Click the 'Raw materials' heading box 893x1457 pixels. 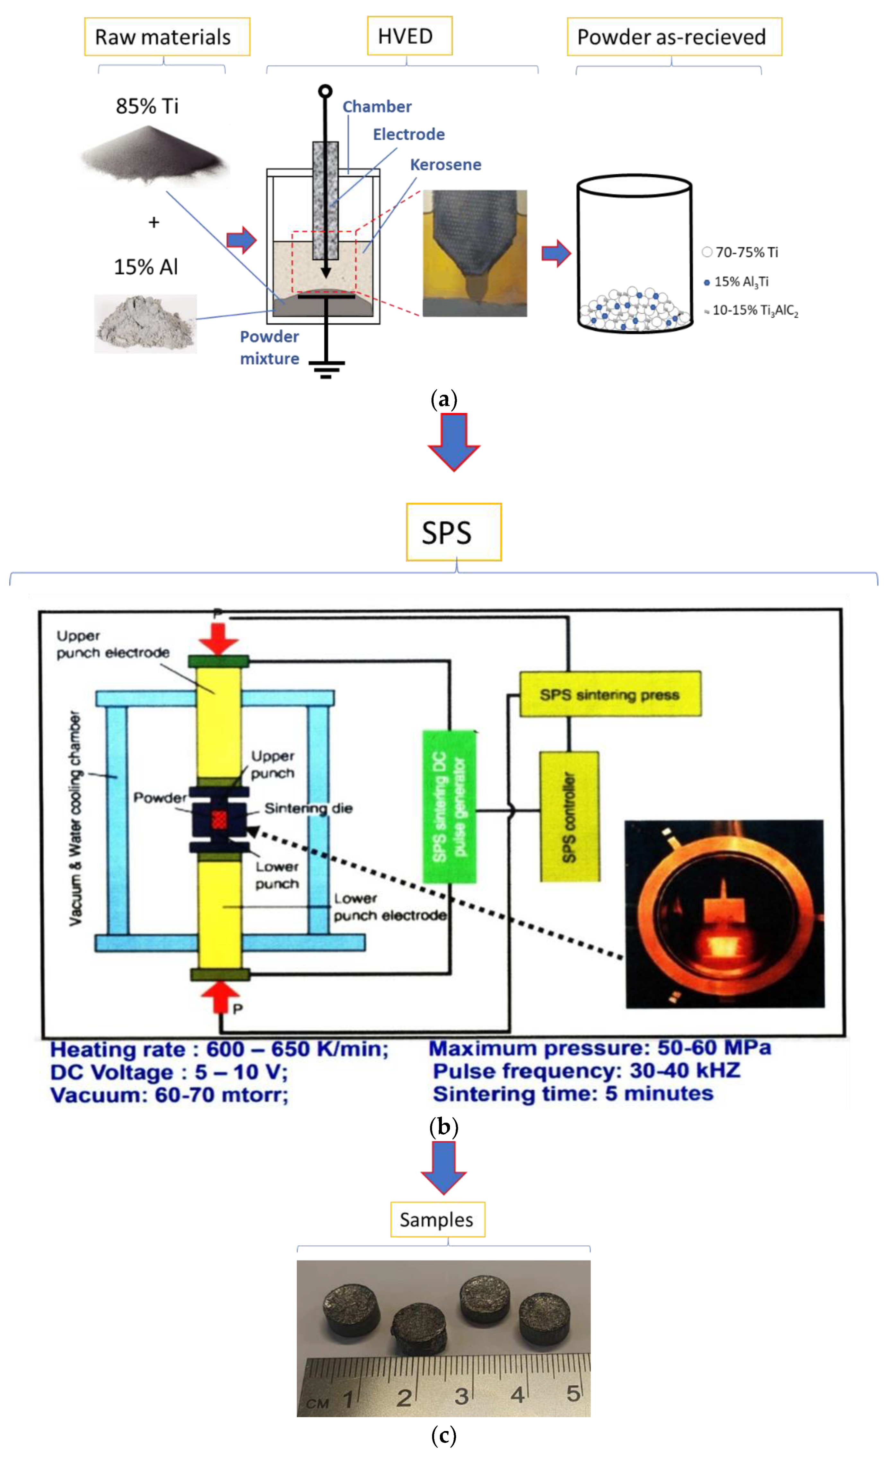point(166,37)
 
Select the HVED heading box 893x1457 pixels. point(409,36)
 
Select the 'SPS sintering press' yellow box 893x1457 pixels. point(610,694)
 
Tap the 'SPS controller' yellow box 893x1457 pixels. point(569,816)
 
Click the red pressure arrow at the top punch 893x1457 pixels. point(218,637)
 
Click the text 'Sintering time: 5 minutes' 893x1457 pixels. point(573,1093)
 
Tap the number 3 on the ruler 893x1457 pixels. point(461,1396)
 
